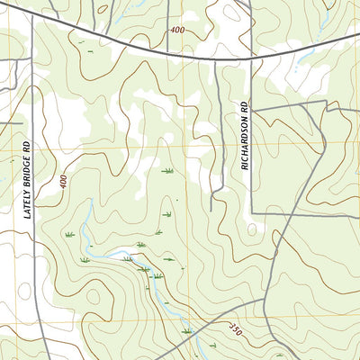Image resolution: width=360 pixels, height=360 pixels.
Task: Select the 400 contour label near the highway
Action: (176, 31)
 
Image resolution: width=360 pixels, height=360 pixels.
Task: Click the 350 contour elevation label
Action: (236, 328)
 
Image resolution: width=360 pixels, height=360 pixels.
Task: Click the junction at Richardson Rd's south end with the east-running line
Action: (251, 213)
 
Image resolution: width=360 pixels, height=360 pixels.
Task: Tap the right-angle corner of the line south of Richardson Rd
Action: (325, 102)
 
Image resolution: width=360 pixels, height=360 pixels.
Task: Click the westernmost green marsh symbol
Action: (68, 235)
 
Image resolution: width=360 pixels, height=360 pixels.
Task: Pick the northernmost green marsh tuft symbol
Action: (166, 170)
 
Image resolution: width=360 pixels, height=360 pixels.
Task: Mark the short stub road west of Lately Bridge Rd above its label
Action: (11, 121)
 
